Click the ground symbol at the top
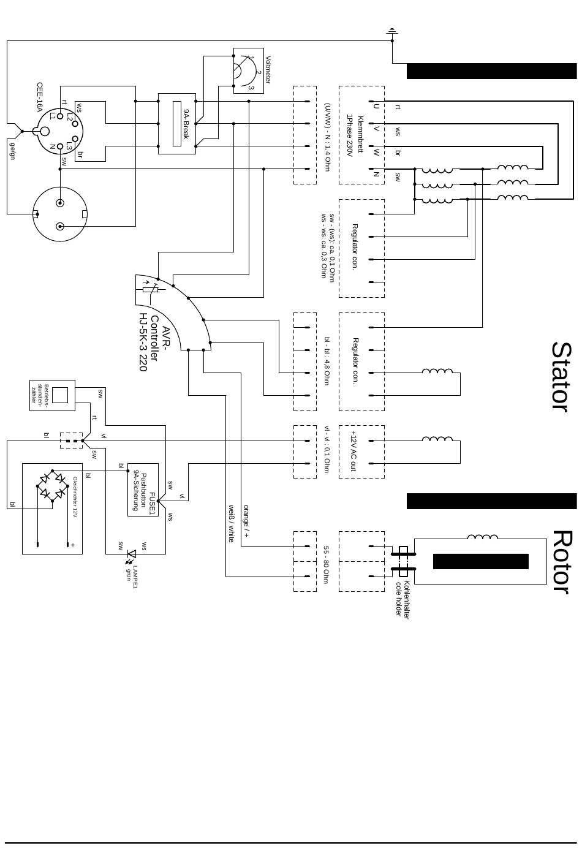click(x=392, y=31)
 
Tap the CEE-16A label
click(x=40, y=98)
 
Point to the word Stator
click(x=561, y=376)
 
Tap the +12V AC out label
click(x=353, y=451)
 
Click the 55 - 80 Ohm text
click(x=327, y=564)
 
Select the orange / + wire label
click(x=246, y=521)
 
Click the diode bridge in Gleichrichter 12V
click(x=52, y=485)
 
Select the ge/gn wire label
click(x=12, y=150)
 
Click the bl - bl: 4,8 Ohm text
click(x=327, y=361)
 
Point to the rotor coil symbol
click(x=482, y=538)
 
